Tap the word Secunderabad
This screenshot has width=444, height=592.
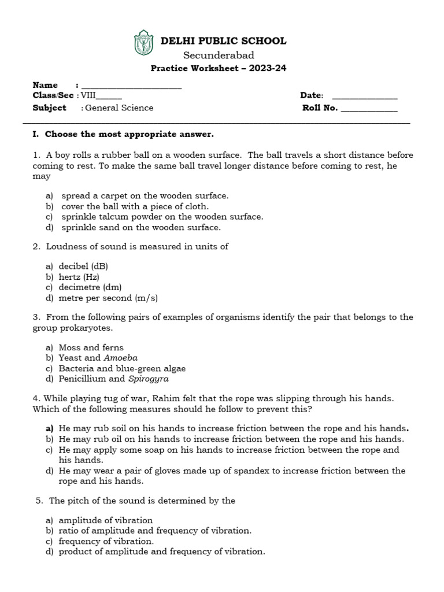219,55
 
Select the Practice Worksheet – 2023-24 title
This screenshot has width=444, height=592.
219,68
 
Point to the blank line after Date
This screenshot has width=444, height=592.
365,97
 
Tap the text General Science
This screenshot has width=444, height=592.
119,108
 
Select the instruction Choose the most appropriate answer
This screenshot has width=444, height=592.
129,135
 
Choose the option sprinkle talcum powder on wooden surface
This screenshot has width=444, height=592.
162,217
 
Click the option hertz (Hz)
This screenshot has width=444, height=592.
79,277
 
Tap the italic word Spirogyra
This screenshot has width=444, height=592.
148,379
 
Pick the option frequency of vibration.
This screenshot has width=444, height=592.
106,541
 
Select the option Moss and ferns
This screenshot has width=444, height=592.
91,347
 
